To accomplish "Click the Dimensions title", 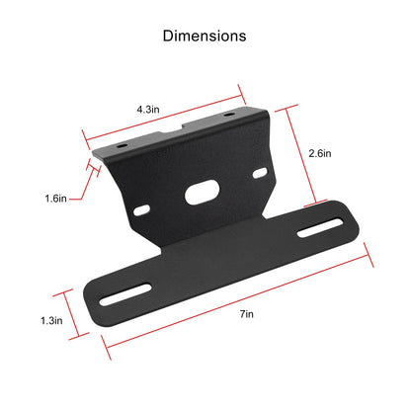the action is (x=205, y=36).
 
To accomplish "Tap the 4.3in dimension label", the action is (x=148, y=110).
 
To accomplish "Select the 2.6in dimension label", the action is (x=320, y=153).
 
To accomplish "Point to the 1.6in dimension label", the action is (x=55, y=199).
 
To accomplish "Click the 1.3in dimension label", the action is (x=51, y=320).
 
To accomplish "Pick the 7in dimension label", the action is (x=247, y=314).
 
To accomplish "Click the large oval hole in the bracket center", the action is (x=203, y=193).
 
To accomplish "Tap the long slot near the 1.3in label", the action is (x=125, y=294).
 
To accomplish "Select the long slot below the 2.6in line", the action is (x=320, y=227).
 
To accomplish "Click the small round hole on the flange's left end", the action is (x=122, y=145).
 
